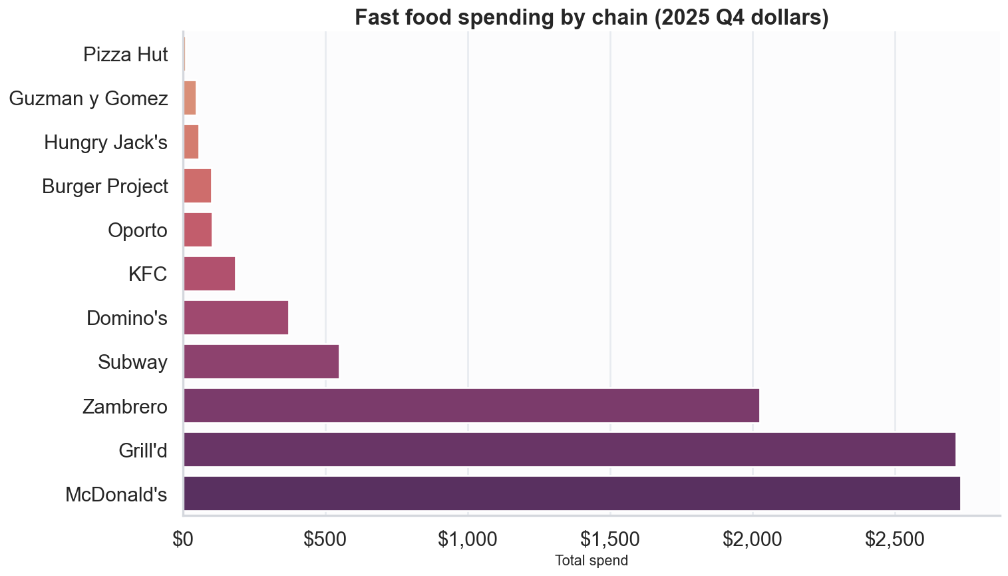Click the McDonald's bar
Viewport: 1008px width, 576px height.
(572, 493)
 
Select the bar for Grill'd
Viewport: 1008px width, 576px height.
(569, 449)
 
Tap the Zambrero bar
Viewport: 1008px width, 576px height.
(471, 406)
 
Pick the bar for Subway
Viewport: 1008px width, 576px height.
(261, 362)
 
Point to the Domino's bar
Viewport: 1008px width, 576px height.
(236, 318)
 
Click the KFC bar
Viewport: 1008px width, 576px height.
(209, 274)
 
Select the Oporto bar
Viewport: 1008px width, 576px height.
(198, 230)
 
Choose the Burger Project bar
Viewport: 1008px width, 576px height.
(197, 186)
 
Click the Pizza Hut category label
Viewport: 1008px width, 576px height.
(125, 55)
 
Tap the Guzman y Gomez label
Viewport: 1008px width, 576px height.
(88, 99)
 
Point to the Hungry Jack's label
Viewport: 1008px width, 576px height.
(105, 143)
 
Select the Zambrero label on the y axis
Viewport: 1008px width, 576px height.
(124, 406)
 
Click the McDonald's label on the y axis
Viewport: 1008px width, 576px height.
(116, 495)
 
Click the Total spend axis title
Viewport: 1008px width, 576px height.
(591, 561)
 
